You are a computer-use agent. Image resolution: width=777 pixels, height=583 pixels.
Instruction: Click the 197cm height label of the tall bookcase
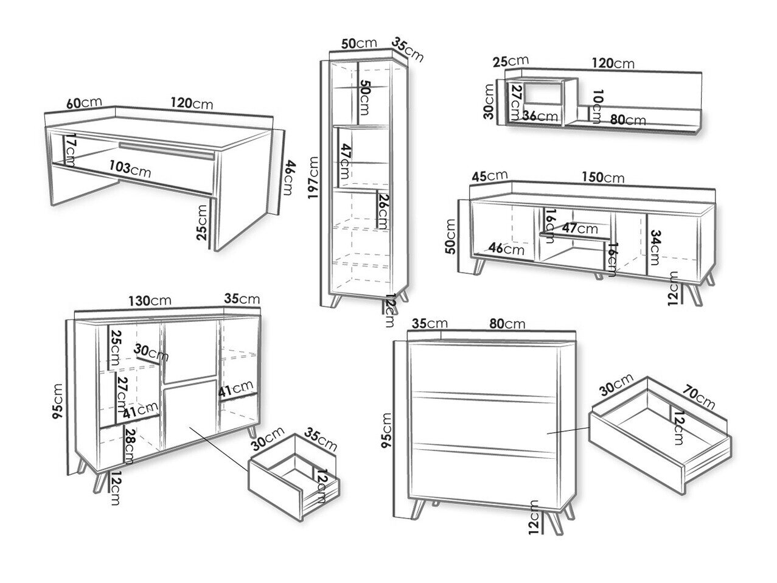pos(314,176)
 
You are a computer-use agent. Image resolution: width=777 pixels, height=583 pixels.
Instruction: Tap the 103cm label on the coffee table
pos(130,168)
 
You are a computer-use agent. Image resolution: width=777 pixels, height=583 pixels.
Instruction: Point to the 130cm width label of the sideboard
pos(150,300)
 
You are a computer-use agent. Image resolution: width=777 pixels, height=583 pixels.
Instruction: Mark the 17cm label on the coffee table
pos(71,150)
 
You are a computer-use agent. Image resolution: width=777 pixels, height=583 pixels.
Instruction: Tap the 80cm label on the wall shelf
pos(627,119)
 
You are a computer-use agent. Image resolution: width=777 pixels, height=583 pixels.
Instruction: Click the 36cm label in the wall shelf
pos(540,116)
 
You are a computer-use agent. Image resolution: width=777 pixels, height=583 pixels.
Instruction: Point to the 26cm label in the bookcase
pos(383,210)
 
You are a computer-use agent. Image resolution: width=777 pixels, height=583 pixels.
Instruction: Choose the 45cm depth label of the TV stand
pos(489,175)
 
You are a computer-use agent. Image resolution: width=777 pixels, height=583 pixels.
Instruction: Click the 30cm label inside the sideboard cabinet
pos(152,352)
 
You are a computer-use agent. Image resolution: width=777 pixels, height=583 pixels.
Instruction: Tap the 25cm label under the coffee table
pos(203,223)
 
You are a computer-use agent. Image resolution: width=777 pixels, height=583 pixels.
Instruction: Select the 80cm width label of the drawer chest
pos(506,324)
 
